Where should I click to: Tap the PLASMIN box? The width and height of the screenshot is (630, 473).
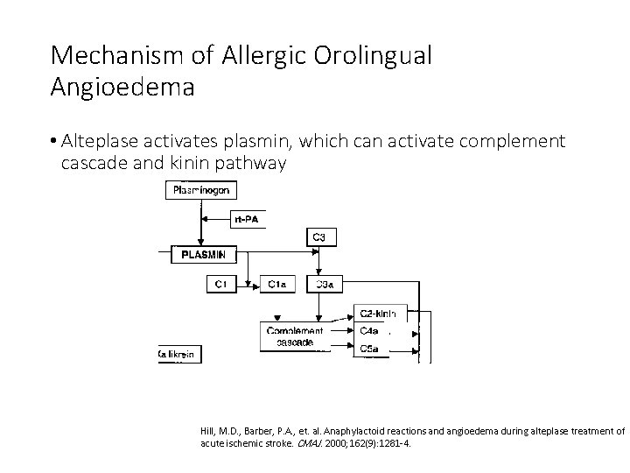click(203, 255)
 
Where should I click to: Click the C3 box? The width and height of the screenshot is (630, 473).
click(320, 236)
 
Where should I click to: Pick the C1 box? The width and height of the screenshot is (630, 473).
click(220, 283)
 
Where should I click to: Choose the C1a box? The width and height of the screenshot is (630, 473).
click(277, 283)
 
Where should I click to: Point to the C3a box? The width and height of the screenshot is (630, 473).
click(323, 283)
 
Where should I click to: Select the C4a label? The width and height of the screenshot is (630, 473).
click(369, 331)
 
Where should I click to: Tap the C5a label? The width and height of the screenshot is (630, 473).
click(369, 348)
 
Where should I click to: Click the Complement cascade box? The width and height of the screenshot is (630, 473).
click(295, 336)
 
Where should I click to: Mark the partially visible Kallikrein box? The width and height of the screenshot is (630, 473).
click(178, 354)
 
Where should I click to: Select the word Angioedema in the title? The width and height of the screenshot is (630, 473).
click(123, 88)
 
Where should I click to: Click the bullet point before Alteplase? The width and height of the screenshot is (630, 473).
click(54, 141)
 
